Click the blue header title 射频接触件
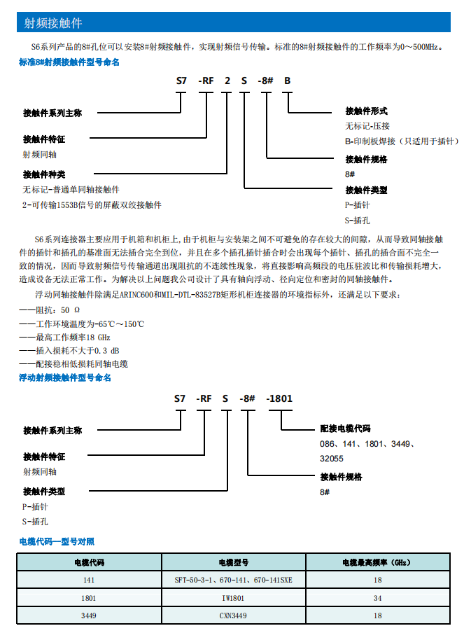point(53,23)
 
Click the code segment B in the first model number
point(286,81)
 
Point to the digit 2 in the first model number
point(227,81)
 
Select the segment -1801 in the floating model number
point(279,399)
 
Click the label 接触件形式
point(366,111)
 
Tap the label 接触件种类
point(44,174)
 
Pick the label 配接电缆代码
point(345,429)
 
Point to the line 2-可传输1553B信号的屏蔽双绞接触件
point(92,205)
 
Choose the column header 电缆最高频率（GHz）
point(377,562)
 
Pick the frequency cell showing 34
point(377,598)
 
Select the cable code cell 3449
point(89,615)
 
